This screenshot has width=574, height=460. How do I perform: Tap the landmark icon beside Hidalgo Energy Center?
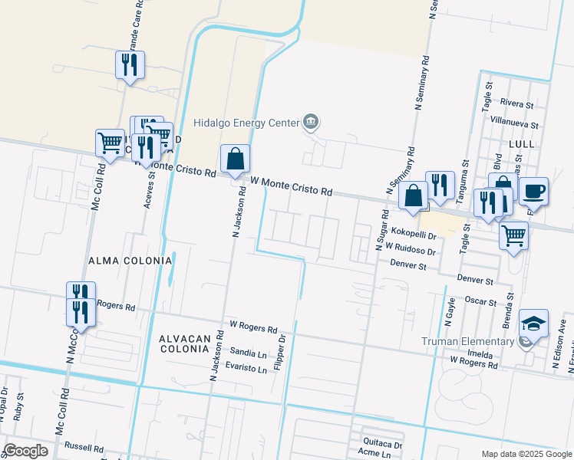[x=311, y=121]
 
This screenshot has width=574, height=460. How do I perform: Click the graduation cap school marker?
[x=533, y=324]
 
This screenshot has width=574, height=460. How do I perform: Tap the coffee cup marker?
[x=533, y=190]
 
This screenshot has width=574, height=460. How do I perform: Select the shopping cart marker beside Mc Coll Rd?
[x=110, y=143]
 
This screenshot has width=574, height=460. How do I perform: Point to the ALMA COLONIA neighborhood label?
[x=130, y=261]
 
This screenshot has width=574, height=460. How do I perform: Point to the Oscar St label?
[x=482, y=301]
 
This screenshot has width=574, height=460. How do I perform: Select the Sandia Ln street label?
[x=248, y=353]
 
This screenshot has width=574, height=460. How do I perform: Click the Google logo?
[x=26, y=451]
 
